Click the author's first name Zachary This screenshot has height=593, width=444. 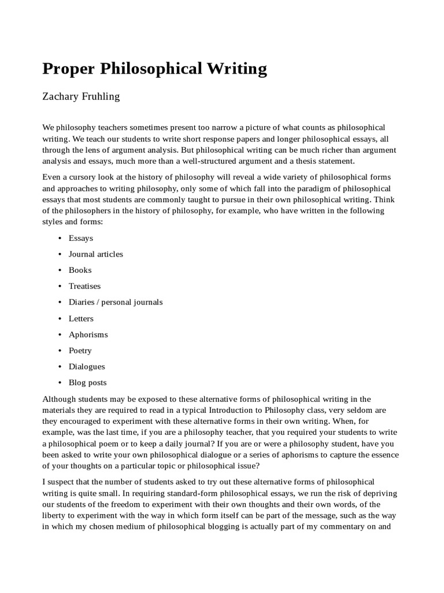pos(58,97)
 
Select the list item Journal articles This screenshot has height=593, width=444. pos(95,254)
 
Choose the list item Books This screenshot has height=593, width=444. pos(80,270)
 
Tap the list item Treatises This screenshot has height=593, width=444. pos(84,286)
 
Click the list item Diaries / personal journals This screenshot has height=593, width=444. pos(115,302)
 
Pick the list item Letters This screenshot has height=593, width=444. pos(81,318)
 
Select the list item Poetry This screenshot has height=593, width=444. pos(80,350)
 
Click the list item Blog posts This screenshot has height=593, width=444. pos(87,382)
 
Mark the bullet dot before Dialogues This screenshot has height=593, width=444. pos(60,367)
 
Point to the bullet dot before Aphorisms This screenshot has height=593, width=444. pos(60,334)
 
